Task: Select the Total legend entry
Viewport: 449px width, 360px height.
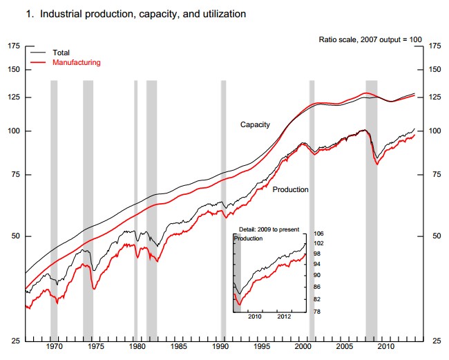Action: (61, 53)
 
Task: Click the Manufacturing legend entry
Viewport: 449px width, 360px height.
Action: (76, 62)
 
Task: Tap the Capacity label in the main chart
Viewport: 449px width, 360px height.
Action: (255, 125)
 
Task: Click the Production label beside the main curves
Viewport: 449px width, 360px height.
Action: (290, 189)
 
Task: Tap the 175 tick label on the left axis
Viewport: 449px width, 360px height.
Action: (14, 46)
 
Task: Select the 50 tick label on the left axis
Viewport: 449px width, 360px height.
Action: (16, 236)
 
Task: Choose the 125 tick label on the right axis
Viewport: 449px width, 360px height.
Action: (435, 97)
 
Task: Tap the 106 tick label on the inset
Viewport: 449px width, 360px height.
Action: (320, 234)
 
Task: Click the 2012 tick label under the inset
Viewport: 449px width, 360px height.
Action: (285, 318)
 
